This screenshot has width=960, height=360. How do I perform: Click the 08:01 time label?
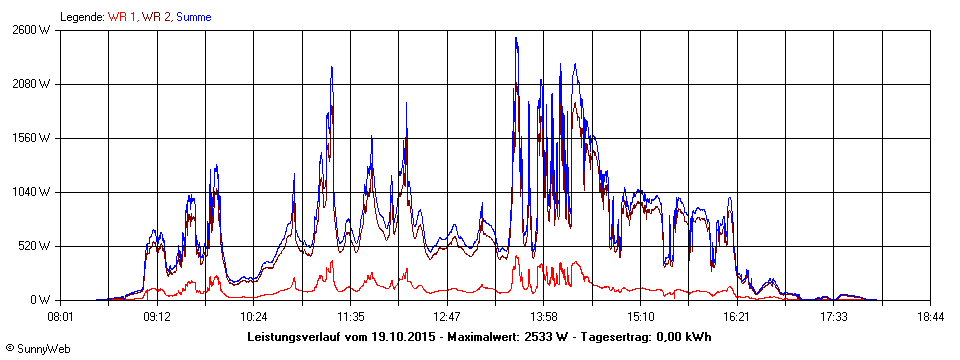pos(60,316)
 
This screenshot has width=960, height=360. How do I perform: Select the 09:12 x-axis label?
pos(157,316)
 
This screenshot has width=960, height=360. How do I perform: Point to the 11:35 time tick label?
pos(350,316)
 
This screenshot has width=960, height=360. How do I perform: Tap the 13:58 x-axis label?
pos(544,316)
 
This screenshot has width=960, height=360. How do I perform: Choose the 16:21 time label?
pos(737,316)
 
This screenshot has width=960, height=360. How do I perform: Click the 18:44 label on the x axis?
pos(931,316)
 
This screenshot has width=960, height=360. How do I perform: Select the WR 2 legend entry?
pos(156,17)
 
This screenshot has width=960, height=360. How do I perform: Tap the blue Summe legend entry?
pos(193,17)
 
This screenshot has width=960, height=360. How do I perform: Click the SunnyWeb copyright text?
pos(35,348)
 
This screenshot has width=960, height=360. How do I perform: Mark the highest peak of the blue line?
pos(516,38)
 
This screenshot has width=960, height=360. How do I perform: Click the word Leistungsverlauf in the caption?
pos(297,337)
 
